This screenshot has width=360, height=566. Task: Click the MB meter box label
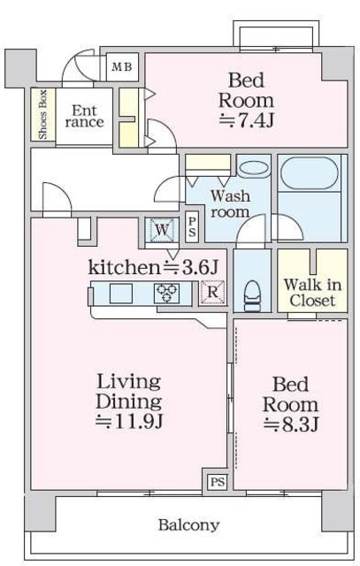[x=122, y=67]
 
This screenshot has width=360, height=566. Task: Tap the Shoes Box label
[x=42, y=114]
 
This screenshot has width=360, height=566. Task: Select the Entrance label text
[x=85, y=116]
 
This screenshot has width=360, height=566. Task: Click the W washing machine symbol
[x=162, y=230]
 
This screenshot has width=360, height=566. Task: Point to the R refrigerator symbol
[x=213, y=292]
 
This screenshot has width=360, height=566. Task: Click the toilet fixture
[x=252, y=296]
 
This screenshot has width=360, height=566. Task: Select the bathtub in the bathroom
[x=310, y=173]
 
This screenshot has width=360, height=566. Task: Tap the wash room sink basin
[x=254, y=168]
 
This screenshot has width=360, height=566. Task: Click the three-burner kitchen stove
[x=166, y=293]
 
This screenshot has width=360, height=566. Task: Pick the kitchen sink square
[x=121, y=293]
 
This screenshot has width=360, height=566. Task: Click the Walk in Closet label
[x=312, y=293]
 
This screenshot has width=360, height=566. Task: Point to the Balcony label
[x=189, y=524]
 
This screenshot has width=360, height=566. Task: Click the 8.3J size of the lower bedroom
[x=291, y=424]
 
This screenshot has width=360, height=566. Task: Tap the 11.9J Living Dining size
[x=130, y=421]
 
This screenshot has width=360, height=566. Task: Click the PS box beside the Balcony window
[x=218, y=482]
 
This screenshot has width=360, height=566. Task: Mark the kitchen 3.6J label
[x=153, y=267]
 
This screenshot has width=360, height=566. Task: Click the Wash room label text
[x=230, y=204]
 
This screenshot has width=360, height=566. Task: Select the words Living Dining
[x=129, y=392]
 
